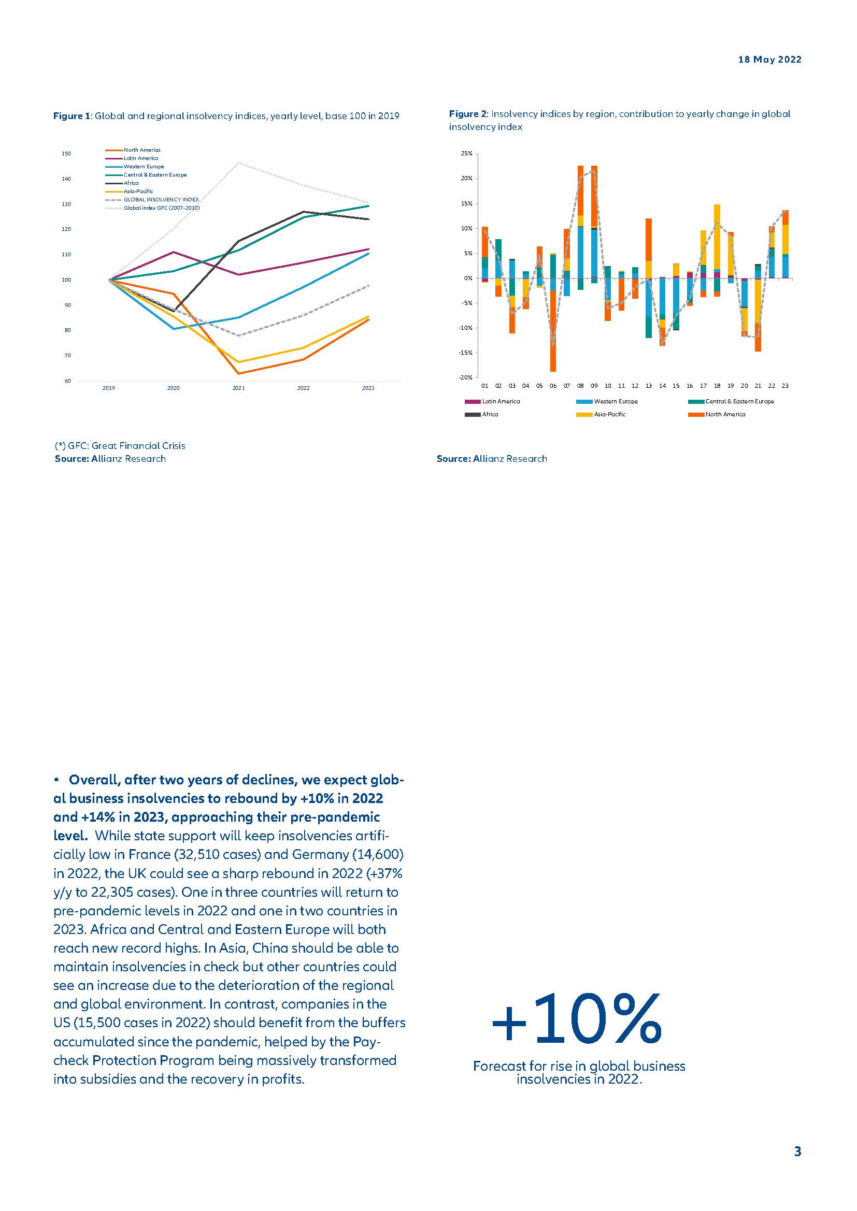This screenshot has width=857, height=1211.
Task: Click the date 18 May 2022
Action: (x=769, y=60)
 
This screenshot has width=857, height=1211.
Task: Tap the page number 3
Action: (x=797, y=1151)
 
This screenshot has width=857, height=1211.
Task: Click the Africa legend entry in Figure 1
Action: (x=131, y=183)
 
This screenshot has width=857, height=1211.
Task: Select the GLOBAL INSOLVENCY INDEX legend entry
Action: (x=161, y=200)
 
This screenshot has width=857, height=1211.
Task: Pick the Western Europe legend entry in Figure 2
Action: (x=616, y=401)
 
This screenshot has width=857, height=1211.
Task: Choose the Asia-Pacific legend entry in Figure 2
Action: (x=609, y=414)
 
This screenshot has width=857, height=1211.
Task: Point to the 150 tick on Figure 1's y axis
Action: (x=66, y=153)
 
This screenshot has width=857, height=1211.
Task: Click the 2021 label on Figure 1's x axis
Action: (x=238, y=388)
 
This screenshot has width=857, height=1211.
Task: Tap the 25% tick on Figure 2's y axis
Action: (x=466, y=153)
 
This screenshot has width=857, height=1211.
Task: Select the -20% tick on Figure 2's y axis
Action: (x=465, y=377)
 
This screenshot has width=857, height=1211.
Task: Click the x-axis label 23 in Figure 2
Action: (x=784, y=386)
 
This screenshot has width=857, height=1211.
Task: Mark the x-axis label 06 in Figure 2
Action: (x=552, y=386)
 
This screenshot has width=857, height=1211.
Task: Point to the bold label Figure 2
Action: (x=467, y=114)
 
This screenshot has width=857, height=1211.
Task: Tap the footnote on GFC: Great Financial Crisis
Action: (x=120, y=446)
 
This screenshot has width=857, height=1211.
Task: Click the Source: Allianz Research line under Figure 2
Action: (x=491, y=459)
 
